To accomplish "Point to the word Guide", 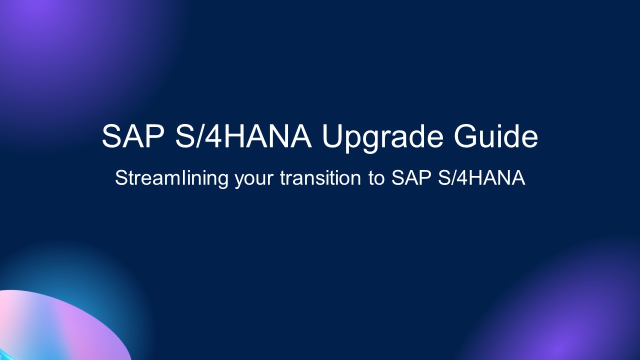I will pos(496,136).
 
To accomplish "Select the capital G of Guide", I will pos(467,136).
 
